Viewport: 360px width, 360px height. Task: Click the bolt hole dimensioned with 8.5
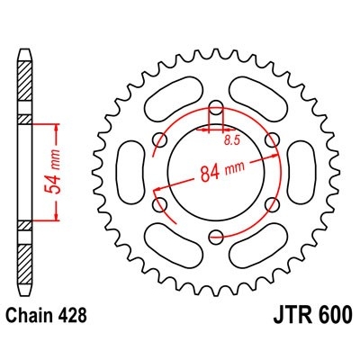click(216, 112)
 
